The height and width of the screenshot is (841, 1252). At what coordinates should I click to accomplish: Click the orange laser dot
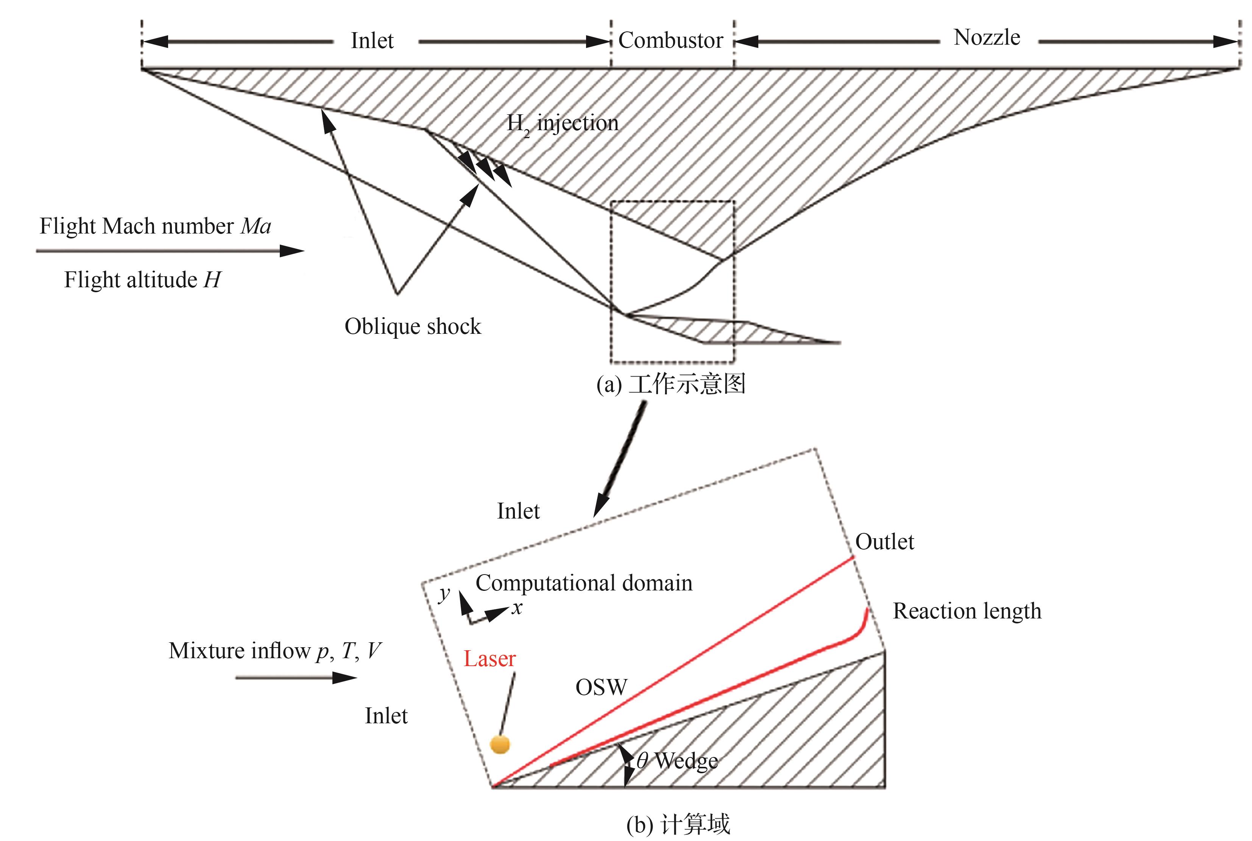pyautogui.click(x=500, y=744)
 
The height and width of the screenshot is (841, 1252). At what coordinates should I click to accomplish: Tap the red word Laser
pyautogui.click(x=489, y=659)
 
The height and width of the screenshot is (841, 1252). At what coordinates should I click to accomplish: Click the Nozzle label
pyautogui.click(x=987, y=37)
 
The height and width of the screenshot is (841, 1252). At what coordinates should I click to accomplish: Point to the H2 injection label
pyautogui.click(x=563, y=124)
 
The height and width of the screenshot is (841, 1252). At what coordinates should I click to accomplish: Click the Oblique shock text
pyautogui.click(x=413, y=327)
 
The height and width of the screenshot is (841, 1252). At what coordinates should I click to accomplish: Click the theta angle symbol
pyautogui.click(x=642, y=760)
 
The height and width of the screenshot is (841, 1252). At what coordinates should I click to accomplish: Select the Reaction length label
pyautogui.click(x=967, y=611)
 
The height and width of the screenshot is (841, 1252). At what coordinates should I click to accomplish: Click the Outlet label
pyautogui.click(x=884, y=542)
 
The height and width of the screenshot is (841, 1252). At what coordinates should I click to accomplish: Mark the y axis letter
pyautogui.click(x=444, y=594)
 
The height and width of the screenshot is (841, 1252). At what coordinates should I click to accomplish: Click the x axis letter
pyautogui.click(x=516, y=608)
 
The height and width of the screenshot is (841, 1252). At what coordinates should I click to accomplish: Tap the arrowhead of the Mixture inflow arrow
pyautogui.click(x=346, y=678)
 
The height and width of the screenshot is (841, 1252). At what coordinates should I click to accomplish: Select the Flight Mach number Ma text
pyautogui.click(x=155, y=226)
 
